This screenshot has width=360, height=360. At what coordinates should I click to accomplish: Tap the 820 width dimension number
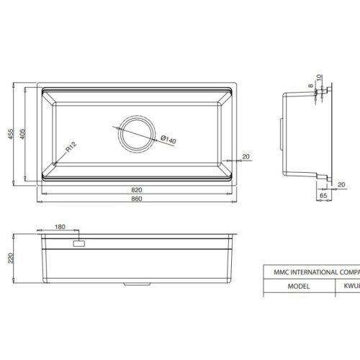(136, 190)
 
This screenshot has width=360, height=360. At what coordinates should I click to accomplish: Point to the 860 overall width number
(136, 199)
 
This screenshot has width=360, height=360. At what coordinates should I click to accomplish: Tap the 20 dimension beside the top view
(246, 156)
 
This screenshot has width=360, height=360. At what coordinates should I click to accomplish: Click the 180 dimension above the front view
(60, 227)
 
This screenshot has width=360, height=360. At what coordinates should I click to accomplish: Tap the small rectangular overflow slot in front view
(78, 245)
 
